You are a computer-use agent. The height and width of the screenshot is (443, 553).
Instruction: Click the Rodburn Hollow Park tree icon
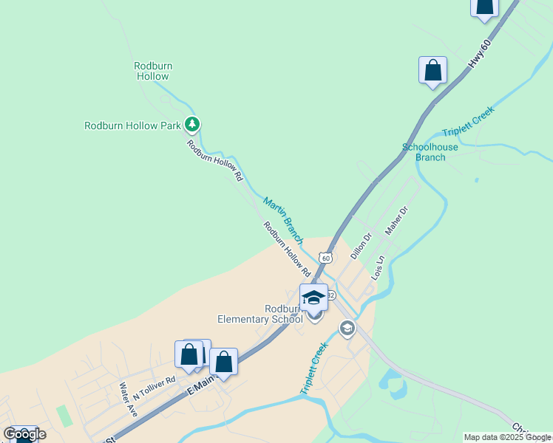coord(192,124)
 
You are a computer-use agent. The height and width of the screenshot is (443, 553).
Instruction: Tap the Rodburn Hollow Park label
coord(132,126)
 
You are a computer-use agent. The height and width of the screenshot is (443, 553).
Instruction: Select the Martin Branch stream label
coord(282,220)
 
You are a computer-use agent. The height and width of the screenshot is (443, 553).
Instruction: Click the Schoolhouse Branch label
coord(430,152)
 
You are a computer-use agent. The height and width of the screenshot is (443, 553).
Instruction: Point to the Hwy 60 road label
coord(480,55)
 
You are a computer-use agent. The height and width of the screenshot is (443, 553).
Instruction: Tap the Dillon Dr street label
coord(361,246)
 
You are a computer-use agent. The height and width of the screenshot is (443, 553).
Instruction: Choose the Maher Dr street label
coord(396,219)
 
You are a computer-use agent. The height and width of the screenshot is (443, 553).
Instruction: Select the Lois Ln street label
coord(379,267)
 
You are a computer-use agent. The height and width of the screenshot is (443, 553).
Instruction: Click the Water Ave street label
coord(128,399)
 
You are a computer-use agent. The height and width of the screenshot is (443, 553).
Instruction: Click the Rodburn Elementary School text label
coord(259,314)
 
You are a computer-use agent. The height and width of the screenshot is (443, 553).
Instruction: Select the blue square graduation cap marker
coord(313,297)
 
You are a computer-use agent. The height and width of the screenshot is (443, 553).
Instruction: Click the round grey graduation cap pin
coord(347,328)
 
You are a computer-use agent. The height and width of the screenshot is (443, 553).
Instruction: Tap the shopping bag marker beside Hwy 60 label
coord(432,71)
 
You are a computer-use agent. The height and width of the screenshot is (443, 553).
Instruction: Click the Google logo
coord(24,434)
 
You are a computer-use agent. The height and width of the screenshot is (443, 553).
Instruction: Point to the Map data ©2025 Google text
coord(508,437)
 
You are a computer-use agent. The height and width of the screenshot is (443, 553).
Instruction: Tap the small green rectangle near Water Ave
coord(64,415)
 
